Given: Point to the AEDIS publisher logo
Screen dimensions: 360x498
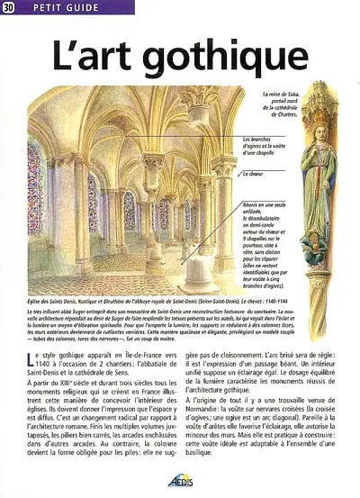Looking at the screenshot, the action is tap(181, 481).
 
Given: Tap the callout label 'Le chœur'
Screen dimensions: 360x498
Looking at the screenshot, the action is tap(256, 173).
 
